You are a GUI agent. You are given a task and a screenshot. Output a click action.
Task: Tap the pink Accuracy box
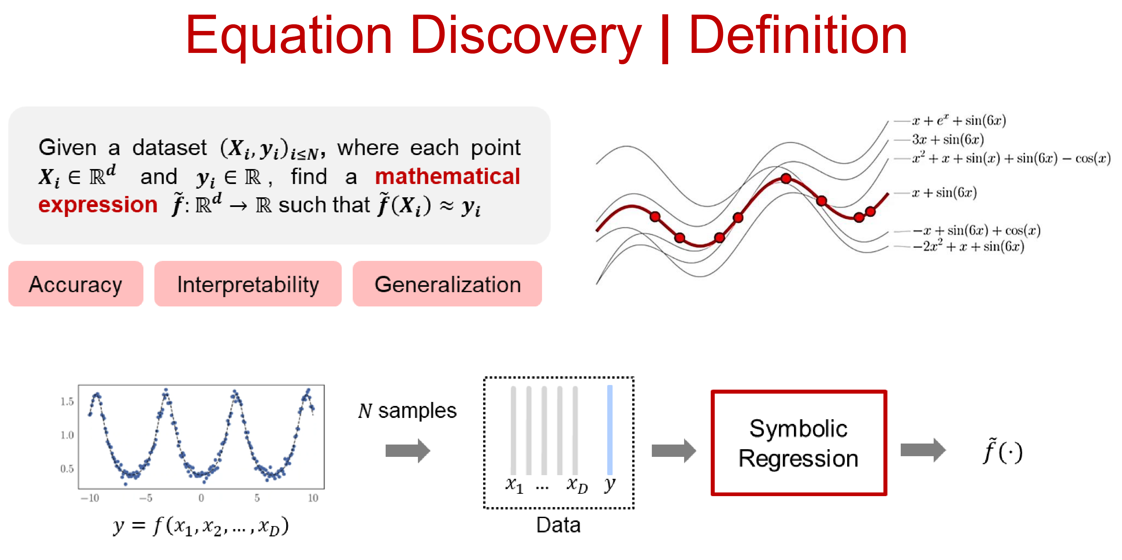click(76, 284)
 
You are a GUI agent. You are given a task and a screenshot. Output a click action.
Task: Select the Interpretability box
click(248, 284)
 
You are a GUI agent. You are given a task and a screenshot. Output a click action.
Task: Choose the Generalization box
click(447, 284)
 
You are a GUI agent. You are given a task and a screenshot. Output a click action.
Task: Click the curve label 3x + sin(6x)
click(948, 140)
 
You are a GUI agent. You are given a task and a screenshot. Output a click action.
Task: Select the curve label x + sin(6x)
click(944, 192)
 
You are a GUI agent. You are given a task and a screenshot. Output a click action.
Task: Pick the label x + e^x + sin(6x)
click(959, 121)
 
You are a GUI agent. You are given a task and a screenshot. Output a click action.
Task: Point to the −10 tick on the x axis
click(90, 498)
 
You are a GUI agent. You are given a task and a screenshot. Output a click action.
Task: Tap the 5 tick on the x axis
click(257, 498)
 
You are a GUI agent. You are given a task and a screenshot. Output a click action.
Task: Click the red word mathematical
click(447, 177)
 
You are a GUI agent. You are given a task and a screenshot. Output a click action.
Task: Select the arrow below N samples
click(408, 451)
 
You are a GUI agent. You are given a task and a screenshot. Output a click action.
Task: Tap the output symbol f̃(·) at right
click(1003, 452)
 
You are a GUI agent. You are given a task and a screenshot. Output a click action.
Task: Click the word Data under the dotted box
click(558, 525)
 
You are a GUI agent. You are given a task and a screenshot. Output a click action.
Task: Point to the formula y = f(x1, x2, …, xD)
click(201, 526)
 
